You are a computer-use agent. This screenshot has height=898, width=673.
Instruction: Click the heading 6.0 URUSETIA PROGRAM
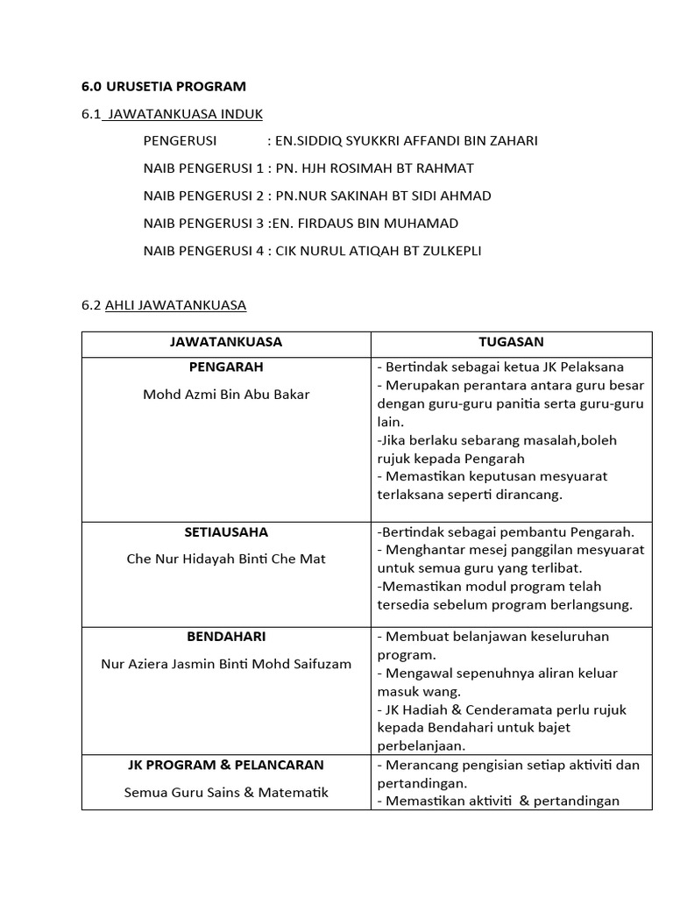coord(164,86)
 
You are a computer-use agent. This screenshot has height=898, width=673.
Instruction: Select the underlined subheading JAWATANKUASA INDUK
coord(183,114)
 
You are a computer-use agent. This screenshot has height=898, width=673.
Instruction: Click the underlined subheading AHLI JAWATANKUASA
coord(175,305)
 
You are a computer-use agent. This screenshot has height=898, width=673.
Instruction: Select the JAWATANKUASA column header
coord(226,342)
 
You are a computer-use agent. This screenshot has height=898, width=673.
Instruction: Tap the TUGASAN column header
coord(511,342)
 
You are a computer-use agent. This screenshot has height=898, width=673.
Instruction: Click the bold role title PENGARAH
coord(226,367)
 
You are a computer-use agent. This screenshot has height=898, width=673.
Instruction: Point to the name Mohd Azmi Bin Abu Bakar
coord(226,394)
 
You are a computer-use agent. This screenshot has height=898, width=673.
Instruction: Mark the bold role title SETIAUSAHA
coord(226,531)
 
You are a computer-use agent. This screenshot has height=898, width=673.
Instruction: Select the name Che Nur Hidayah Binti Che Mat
coord(226,559)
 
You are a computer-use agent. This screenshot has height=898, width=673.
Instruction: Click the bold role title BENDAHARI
coord(226,636)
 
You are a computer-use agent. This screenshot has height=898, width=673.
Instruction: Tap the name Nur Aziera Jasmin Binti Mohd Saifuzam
coord(226,663)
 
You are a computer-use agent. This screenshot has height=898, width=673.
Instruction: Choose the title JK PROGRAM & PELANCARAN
coord(226,765)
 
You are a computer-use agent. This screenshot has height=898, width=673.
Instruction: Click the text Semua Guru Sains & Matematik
coord(226,792)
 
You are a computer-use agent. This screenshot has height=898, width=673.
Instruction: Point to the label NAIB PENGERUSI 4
coord(203,251)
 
